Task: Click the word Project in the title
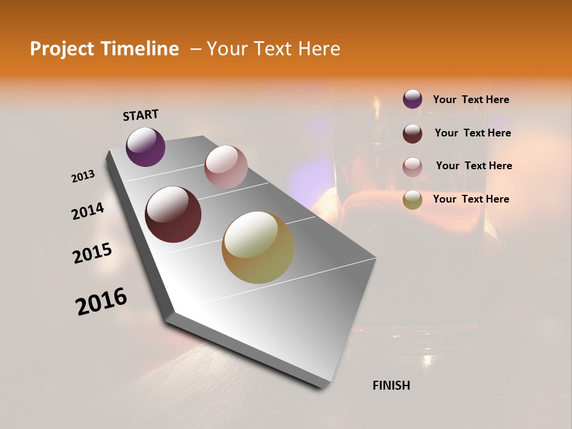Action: tap(61, 49)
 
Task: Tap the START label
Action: tap(141, 115)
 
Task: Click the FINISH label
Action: tap(391, 386)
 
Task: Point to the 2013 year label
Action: tap(83, 176)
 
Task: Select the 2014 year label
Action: tap(88, 211)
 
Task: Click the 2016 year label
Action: tap(101, 301)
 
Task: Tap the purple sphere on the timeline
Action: tap(145, 147)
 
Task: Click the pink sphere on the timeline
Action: tap(226, 167)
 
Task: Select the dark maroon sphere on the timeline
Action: tap(173, 214)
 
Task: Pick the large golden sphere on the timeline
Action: tap(258, 247)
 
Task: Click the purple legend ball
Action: tap(412, 99)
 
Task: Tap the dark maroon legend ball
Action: tap(412, 133)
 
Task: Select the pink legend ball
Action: tap(412, 167)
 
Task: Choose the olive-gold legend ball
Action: tap(412, 200)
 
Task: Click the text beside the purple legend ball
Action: tap(471, 100)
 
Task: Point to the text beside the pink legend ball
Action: tap(474, 166)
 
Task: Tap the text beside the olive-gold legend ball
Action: tap(471, 199)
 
